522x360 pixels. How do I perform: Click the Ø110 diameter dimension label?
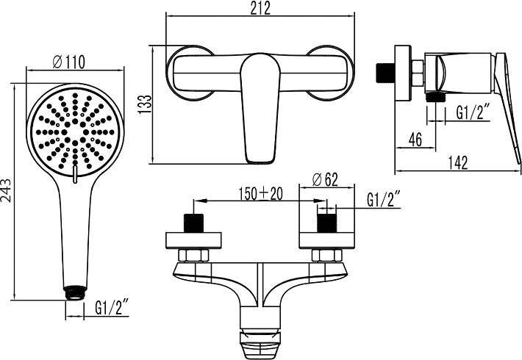tap(71, 62)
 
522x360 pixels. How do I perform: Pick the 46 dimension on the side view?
tap(415, 139)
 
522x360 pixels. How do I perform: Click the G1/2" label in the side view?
tap(473, 112)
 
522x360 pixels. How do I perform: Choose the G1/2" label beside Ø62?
tap(384, 200)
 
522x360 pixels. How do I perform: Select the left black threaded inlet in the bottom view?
tap(193, 224)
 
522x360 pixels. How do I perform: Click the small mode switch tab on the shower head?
tap(74, 173)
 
